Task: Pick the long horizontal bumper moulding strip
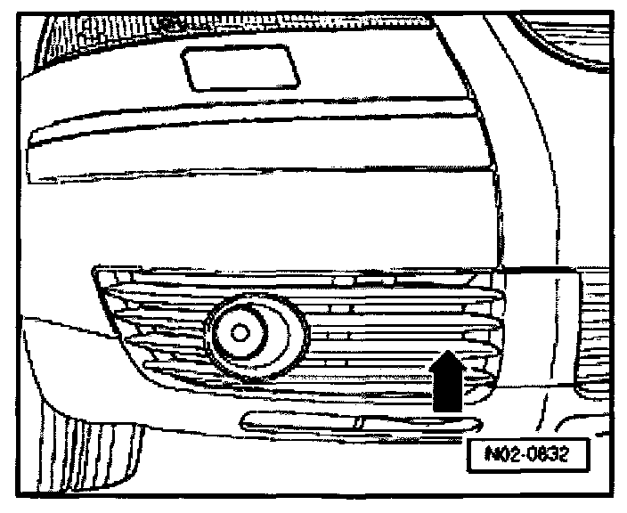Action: (258, 142)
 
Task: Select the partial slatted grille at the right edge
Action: (601, 330)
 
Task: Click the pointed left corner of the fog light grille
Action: (96, 272)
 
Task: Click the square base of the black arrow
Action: (447, 396)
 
